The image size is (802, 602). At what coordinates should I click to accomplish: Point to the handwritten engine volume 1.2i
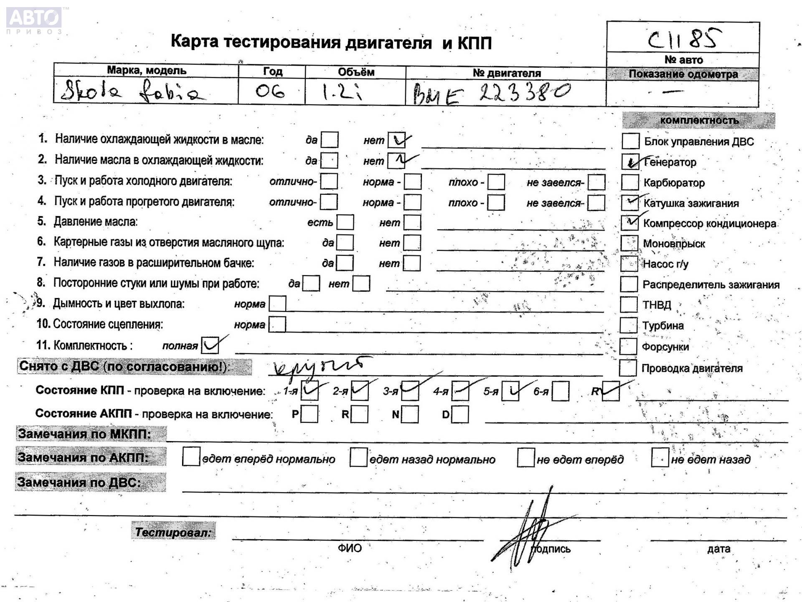pos(342,92)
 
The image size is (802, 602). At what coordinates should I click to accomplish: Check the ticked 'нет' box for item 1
pos(396,140)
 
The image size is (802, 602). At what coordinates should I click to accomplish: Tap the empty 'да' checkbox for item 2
pos(329,161)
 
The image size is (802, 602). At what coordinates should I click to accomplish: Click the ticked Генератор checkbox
pos(630,161)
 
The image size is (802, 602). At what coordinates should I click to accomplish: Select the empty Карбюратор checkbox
pos(630,182)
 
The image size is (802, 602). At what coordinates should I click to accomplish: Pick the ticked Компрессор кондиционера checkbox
pos(629,223)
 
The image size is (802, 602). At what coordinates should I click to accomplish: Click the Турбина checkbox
pos(628,325)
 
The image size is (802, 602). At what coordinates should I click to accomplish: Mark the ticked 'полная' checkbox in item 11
pos(210,345)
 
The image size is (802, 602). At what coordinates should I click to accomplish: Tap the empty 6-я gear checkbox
pos(561,391)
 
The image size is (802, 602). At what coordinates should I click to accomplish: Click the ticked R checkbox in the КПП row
pos(611,391)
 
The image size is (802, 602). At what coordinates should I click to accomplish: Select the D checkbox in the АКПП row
pos(460,414)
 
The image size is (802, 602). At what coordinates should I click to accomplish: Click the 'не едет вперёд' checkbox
pos(526,458)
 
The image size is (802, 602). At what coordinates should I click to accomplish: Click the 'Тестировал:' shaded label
pos(173,532)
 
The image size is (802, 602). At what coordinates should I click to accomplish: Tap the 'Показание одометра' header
pos(683,74)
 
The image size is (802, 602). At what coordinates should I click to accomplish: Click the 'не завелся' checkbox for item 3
pos(596,182)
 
